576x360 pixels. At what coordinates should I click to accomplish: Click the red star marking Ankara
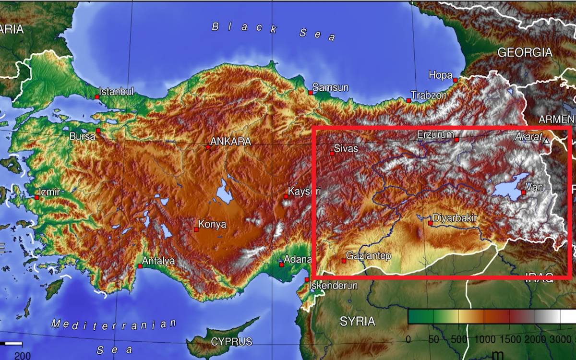click(208, 147)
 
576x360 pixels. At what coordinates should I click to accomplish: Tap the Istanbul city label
click(117, 91)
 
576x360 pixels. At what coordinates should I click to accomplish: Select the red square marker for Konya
click(196, 230)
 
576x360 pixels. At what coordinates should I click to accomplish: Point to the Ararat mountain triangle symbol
click(546, 141)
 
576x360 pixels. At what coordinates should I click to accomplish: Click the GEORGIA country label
click(524, 52)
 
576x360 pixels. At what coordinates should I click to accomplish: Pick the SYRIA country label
click(358, 321)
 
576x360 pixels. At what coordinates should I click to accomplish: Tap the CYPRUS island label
click(231, 342)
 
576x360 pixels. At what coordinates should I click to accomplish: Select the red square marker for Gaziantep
click(344, 261)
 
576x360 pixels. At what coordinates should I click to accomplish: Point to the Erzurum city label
click(435, 134)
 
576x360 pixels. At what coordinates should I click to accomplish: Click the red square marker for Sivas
click(332, 154)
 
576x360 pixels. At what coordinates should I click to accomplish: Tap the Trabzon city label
click(429, 95)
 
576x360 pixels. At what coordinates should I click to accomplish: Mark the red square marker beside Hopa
click(455, 80)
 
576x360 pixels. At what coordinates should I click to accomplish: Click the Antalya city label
click(158, 261)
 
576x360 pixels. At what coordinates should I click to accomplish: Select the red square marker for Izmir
click(37, 197)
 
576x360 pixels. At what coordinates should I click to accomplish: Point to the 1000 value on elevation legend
click(485, 340)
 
